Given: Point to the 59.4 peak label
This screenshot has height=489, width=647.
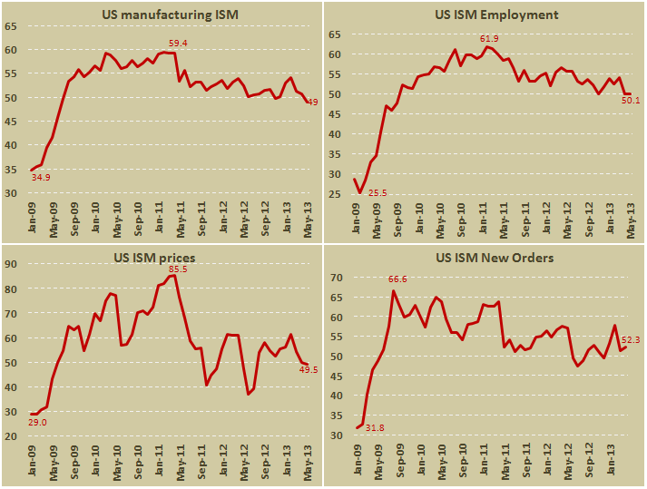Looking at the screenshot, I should (179, 44).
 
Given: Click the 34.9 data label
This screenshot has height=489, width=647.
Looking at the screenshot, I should (41, 177).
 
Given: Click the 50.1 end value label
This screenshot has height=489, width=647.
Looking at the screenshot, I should (631, 101).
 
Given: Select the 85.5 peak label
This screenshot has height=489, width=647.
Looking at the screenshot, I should (178, 269).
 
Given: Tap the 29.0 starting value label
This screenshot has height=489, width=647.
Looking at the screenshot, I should (38, 424).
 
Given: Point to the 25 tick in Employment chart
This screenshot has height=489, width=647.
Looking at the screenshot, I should (334, 194).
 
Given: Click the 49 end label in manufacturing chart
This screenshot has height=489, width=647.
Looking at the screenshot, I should (311, 103).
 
